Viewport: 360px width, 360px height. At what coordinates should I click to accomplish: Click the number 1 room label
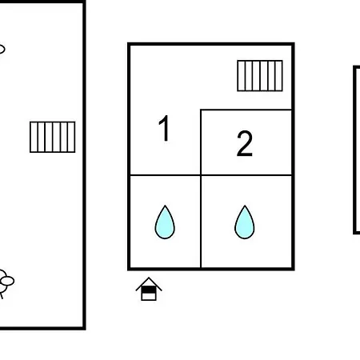pos(164,128)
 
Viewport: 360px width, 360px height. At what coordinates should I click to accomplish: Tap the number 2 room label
pos(244,143)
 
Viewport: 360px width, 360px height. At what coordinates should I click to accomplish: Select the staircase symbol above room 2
pos(260,76)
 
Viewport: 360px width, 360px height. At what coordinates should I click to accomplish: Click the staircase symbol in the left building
pos(52,137)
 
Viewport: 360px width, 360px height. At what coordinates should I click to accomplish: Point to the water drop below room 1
pos(165,222)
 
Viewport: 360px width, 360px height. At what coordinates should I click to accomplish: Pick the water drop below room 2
pos(245,222)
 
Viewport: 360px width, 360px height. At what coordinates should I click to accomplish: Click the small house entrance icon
pos(149,289)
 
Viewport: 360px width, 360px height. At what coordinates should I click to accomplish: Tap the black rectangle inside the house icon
pos(149,290)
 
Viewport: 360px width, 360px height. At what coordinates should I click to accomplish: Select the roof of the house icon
pos(149,282)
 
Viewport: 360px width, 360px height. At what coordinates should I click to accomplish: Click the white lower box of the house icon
pos(149,296)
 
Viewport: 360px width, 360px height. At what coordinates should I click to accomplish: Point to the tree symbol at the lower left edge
pos(6,282)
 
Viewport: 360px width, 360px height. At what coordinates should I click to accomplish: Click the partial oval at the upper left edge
pos(2,50)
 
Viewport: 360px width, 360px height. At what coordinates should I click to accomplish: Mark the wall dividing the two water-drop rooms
pos(201,222)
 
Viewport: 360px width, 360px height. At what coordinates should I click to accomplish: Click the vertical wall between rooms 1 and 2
pos(201,142)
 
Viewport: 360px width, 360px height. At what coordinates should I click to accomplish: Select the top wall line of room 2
pos(246,110)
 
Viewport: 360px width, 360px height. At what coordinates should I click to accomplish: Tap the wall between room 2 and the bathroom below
pos(246,175)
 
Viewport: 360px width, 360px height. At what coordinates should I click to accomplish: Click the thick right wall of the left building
pos(84,166)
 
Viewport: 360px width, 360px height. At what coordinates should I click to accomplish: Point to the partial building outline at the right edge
pos(354,150)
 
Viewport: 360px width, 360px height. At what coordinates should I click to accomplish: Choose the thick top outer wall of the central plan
pos(211,44)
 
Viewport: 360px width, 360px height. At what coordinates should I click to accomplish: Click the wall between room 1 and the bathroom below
pos(165,175)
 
